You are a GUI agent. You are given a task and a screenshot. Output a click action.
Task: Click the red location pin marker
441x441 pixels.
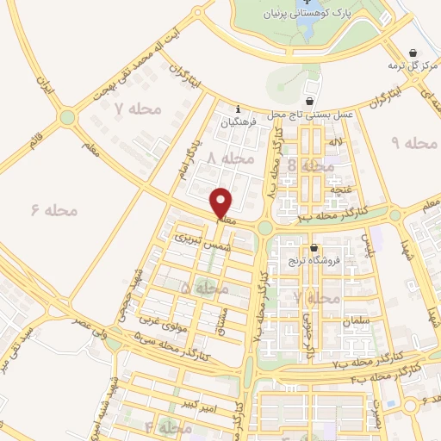point(222,202)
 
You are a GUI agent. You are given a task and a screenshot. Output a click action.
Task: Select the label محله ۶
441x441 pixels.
point(53,210)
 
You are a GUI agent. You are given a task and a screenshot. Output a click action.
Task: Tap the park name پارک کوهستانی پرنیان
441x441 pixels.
point(298,14)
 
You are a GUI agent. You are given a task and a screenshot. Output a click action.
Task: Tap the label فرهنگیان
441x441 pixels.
point(239,122)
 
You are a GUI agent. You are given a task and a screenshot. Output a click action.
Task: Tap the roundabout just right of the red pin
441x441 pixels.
point(265,227)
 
